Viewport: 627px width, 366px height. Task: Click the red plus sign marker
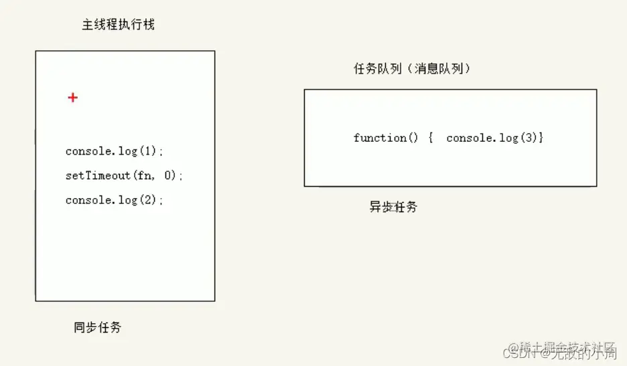point(72,98)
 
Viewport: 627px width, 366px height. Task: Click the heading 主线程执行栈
point(119,25)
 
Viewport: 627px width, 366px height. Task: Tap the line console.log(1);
point(115,151)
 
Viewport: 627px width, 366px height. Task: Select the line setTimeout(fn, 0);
point(124,176)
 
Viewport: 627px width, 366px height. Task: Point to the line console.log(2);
point(115,200)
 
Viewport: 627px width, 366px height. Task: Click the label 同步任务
point(98,328)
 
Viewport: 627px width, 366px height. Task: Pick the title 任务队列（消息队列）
point(412,68)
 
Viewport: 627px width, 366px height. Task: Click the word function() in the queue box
point(386,138)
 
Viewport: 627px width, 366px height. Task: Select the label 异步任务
point(393,207)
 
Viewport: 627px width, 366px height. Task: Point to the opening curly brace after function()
point(431,138)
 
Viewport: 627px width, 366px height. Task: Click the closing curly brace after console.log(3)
point(541,138)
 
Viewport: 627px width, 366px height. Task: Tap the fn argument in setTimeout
point(145,176)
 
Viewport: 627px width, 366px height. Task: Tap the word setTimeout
point(98,176)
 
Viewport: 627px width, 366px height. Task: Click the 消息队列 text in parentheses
point(439,68)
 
